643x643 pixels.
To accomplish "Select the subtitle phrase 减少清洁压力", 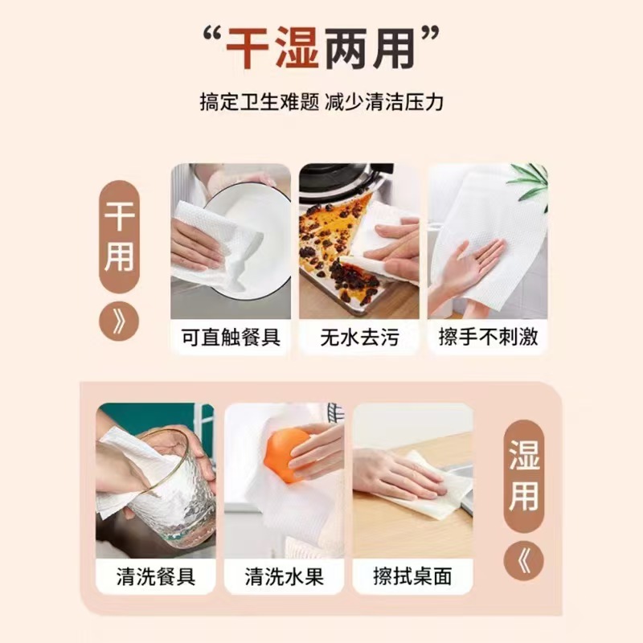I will click(x=384, y=103).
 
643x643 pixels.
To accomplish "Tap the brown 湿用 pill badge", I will click(x=523, y=472).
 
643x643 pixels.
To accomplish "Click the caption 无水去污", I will click(x=359, y=336).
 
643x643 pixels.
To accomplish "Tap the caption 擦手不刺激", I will click(x=488, y=336).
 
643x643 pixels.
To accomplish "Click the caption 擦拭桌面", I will click(x=413, y=576).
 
